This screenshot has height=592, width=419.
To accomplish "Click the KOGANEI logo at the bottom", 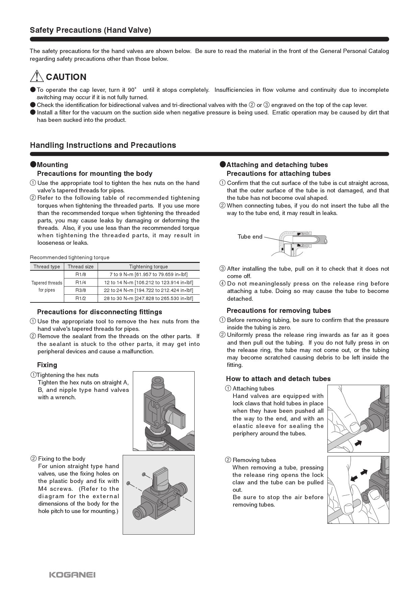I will point(72,574).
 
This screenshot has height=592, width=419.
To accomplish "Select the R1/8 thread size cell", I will point(80,274).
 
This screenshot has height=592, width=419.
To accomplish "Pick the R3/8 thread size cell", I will point(80,290).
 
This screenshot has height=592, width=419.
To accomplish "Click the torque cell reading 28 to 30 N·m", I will point(148,298).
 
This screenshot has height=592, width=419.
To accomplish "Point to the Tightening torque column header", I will point(148,267).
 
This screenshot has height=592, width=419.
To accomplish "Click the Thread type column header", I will point(47,267).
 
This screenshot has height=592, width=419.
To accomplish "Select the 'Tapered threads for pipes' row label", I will point(47,286).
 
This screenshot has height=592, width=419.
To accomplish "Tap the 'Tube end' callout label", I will point(250,237).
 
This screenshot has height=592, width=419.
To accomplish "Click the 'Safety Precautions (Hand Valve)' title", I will point(90,30).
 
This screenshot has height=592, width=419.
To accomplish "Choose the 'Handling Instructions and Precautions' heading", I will point(103,145).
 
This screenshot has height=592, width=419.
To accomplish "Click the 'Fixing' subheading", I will point(47,365).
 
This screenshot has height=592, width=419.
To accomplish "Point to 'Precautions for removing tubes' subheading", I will point(278,311).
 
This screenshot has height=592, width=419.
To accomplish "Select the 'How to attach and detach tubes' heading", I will point(278,379).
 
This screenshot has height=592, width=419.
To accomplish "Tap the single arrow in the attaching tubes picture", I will point(358,442).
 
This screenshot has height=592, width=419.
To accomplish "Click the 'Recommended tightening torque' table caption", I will point(70,258).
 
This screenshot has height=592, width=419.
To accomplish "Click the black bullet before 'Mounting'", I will point(33,164).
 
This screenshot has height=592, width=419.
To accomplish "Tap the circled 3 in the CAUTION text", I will point(266,105).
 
